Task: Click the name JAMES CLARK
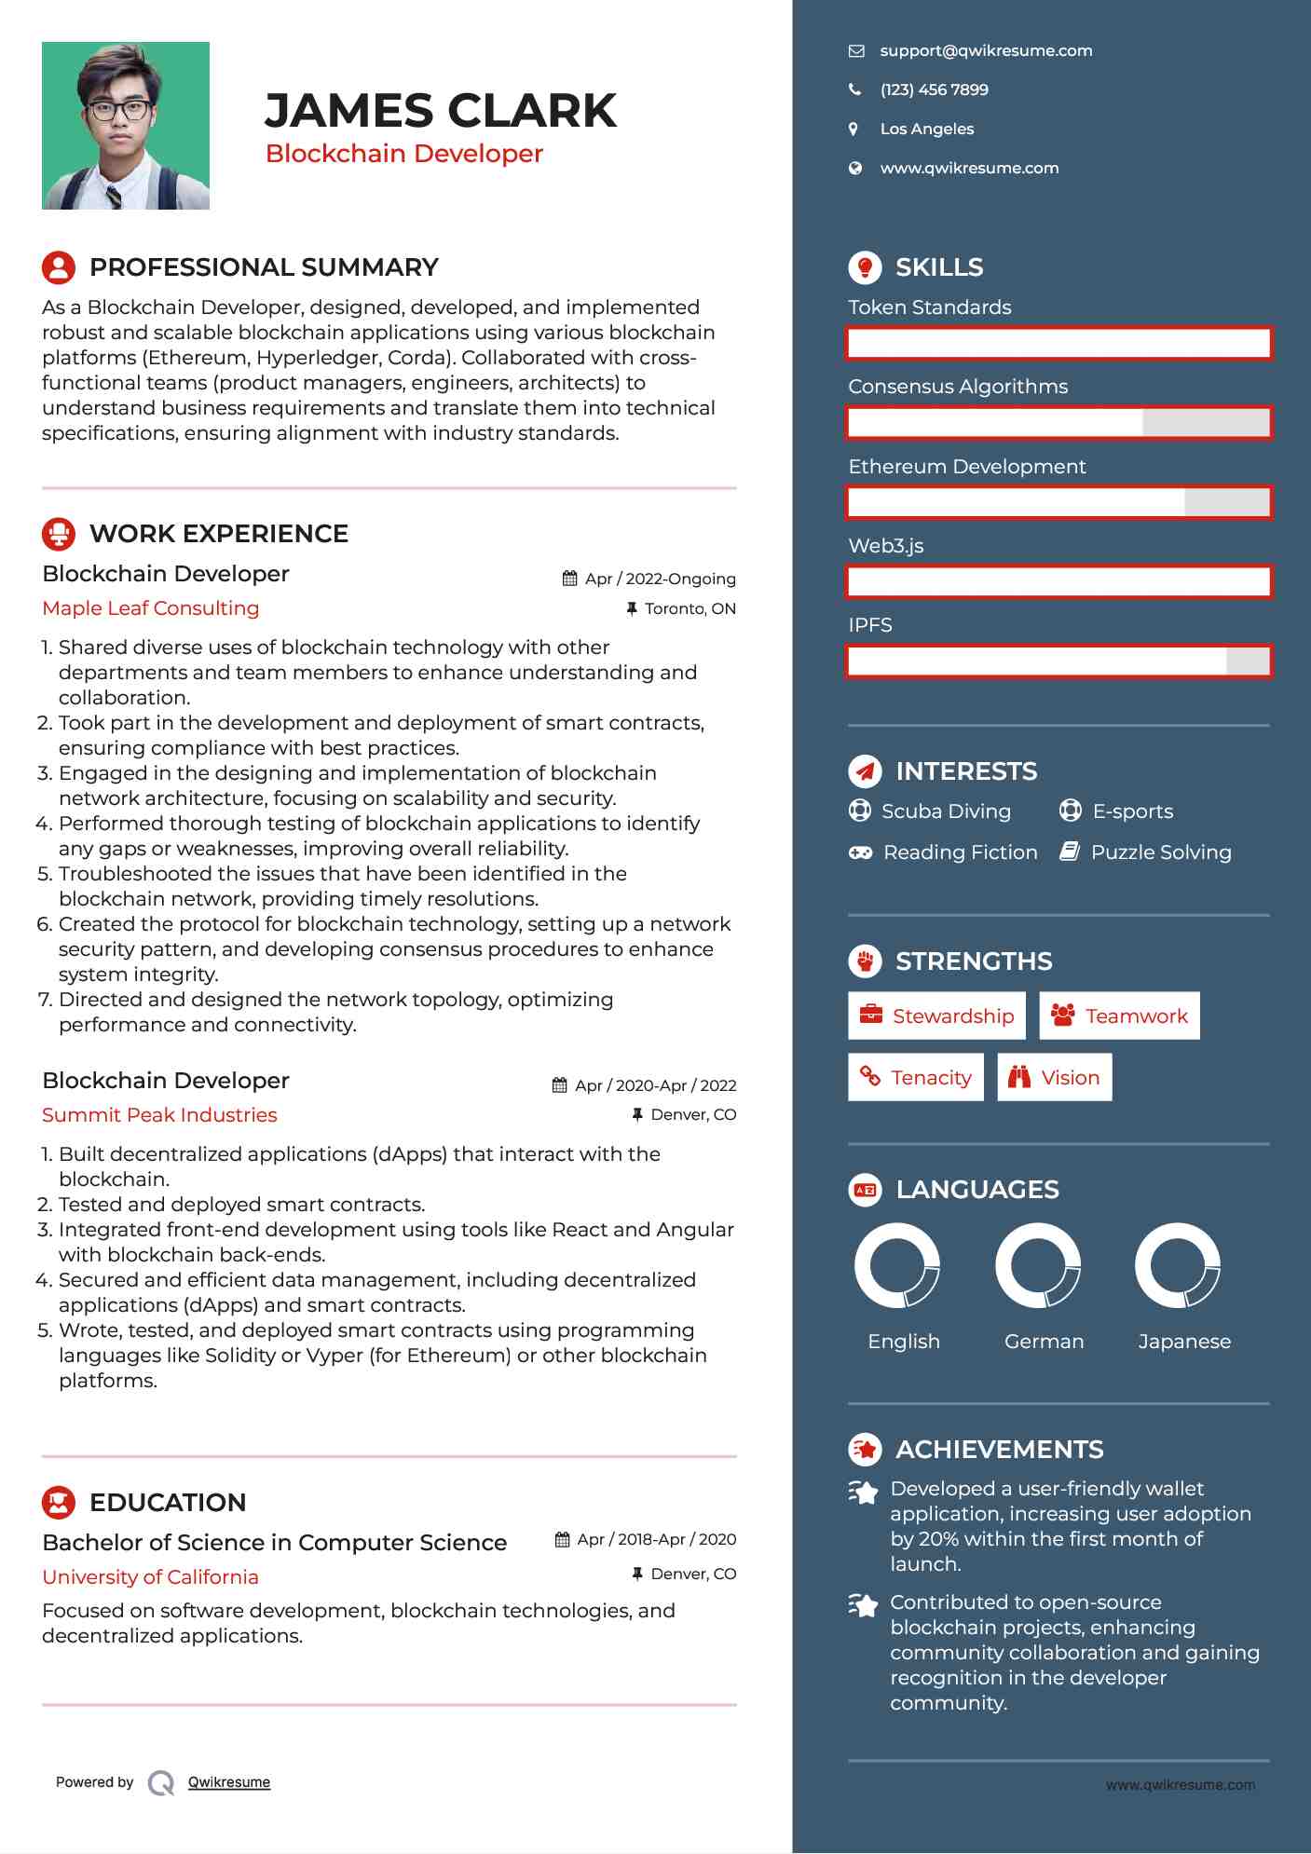click(x=440, y=111)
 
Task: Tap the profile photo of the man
click(x=126, y=126)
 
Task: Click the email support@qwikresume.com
click(x=986, y=51)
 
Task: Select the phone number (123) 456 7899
click(x=934, y=90)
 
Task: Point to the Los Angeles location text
click(x=927, y=130)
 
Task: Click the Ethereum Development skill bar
click(x=1058, y=503)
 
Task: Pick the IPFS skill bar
click(x=1058, y=661)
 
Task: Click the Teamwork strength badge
click(x=1119, y=1016)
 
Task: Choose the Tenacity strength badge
click(x=916, y=1078)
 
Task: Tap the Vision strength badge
click(x=1055, y=1078)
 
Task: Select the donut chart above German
click(x=1038, y=1266)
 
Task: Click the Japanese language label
click(x=1184, y=1342)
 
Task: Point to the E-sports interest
click(x=1132, y=811)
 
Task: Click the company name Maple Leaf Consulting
click(x=151, y=608)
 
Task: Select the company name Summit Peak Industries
click(x=159, y=1115)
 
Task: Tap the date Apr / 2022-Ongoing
click(x=660, y=579)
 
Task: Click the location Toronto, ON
click(x=690, y=609)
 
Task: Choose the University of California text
click(x=150, y=1577)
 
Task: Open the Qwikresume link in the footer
click(x=229, y=1782)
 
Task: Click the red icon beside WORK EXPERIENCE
click(x=59, y=534)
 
